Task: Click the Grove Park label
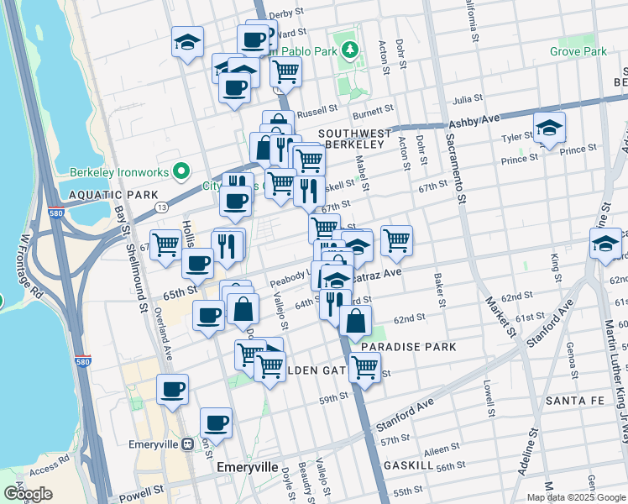(x=578, y=51)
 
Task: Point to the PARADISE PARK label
(x=408, y=346)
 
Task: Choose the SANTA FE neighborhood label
(x=576, y=401)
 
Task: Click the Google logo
(x=29, y=493)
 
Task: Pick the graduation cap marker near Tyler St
(x=549, y=128)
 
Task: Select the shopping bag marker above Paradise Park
(x=356, y=320)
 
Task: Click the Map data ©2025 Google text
(x=575, y=497)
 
